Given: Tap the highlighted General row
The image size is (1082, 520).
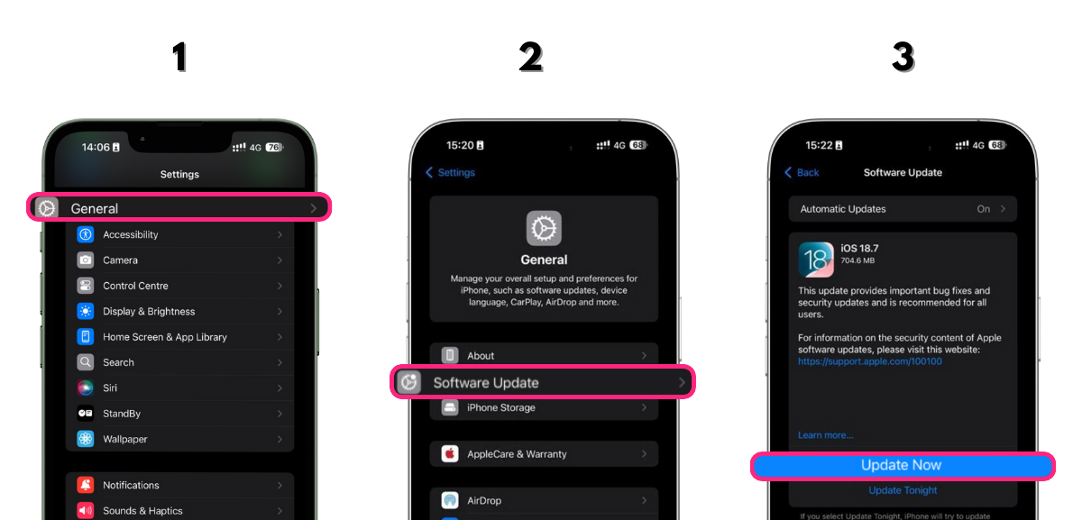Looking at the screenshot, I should tap(179, 208).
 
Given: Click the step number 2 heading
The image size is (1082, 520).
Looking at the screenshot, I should tap(531, 58).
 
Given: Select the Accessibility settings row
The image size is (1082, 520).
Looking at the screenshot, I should tap(180, 234).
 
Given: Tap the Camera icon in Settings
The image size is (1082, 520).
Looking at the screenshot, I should tap(86, 260).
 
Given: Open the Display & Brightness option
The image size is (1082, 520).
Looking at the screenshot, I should tap(180, 312).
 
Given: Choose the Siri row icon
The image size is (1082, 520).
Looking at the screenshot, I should tap(86, 388).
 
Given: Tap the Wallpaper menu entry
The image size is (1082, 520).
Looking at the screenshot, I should tap(180, 440).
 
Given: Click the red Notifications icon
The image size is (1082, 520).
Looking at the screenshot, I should tap(86, 486).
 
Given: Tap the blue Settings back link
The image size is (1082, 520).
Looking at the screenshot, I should tap(450, 173).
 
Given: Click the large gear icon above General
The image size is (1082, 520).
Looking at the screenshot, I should tap(544, 229).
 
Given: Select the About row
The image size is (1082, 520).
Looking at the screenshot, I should tap(544, 356).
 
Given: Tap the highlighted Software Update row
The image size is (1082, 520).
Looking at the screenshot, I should tap(543, 383).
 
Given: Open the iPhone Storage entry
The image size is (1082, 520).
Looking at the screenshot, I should tap(544, 408).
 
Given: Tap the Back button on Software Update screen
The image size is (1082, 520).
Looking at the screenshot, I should tap(802, 173).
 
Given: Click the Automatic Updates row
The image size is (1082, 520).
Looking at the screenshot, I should tap(903, 209).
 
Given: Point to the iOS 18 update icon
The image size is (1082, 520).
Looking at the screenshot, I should tap(816, 260).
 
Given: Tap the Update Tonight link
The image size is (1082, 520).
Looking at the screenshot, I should tap(903, 491).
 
